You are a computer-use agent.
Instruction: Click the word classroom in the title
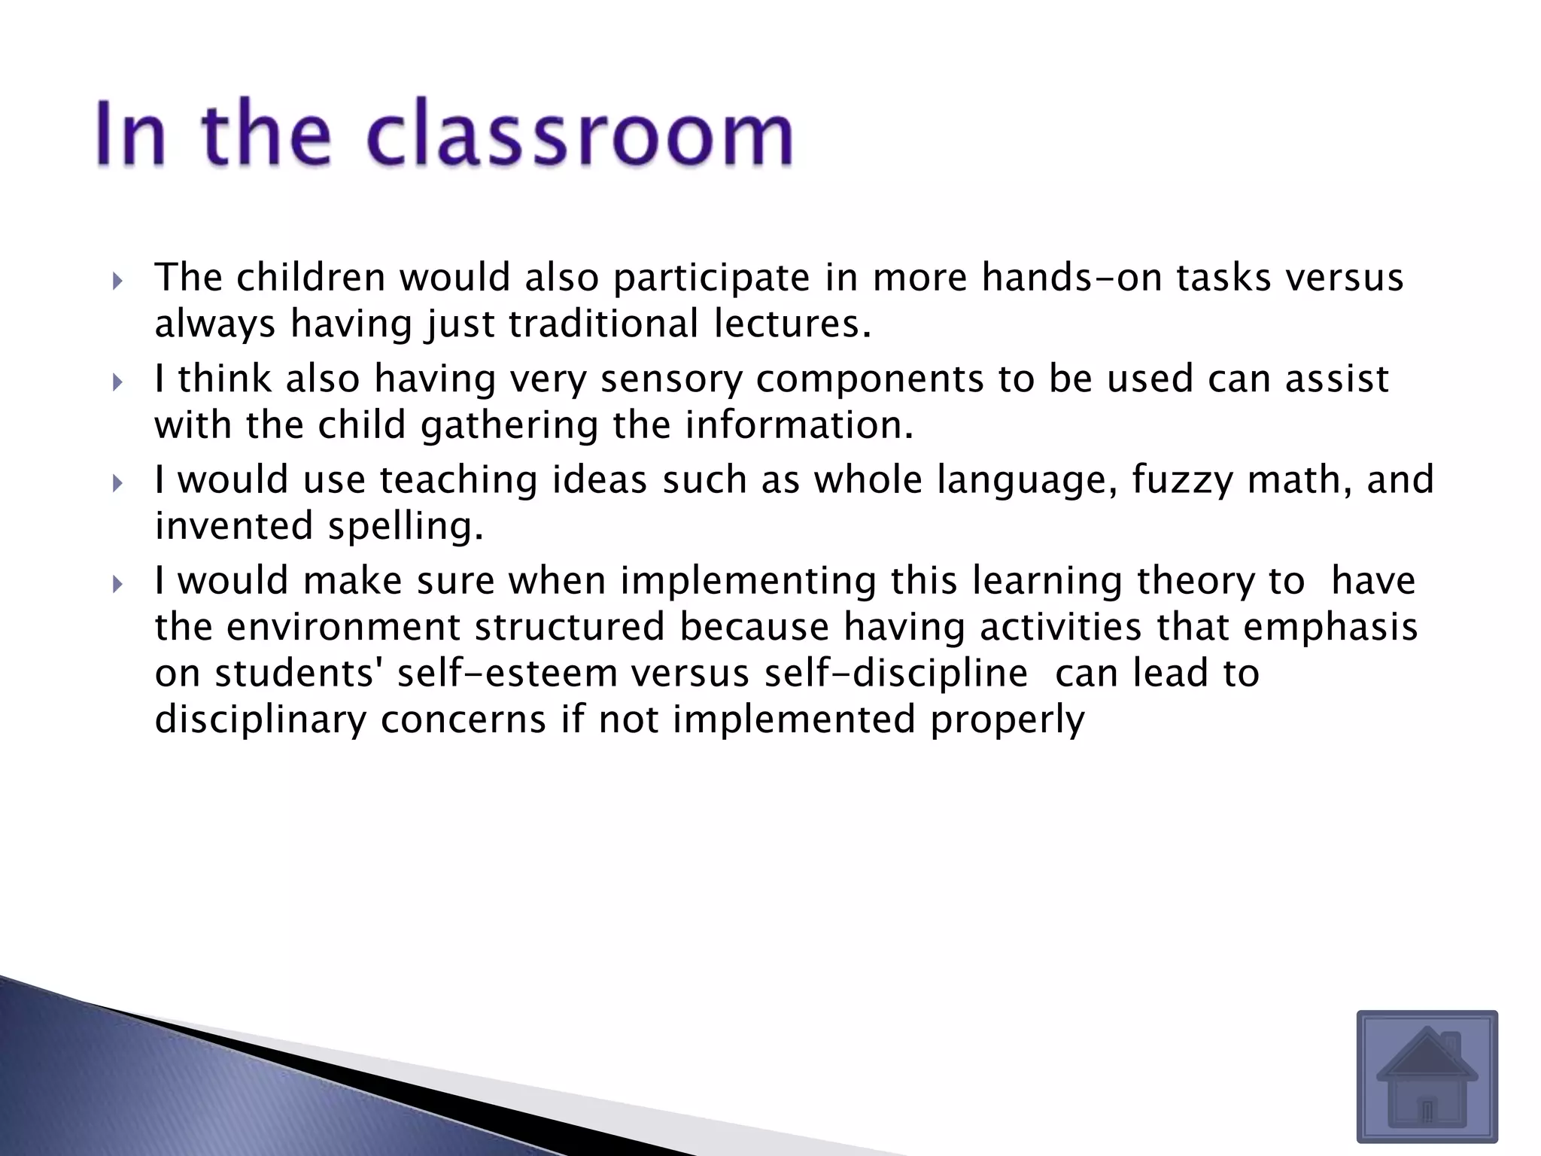click(x=579, y=134)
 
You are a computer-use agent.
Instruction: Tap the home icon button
click(x=1427, y=1076)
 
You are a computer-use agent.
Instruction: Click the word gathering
click(x=509, y=425)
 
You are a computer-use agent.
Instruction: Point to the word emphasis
click(x=1330, y=627)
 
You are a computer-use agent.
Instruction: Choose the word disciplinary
click(x=260, y=719)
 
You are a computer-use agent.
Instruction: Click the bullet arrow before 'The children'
click(x=117, y=281)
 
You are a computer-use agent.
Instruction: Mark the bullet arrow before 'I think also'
click(x=117, y=382)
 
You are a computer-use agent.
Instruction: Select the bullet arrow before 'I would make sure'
click(x=117, y=584)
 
